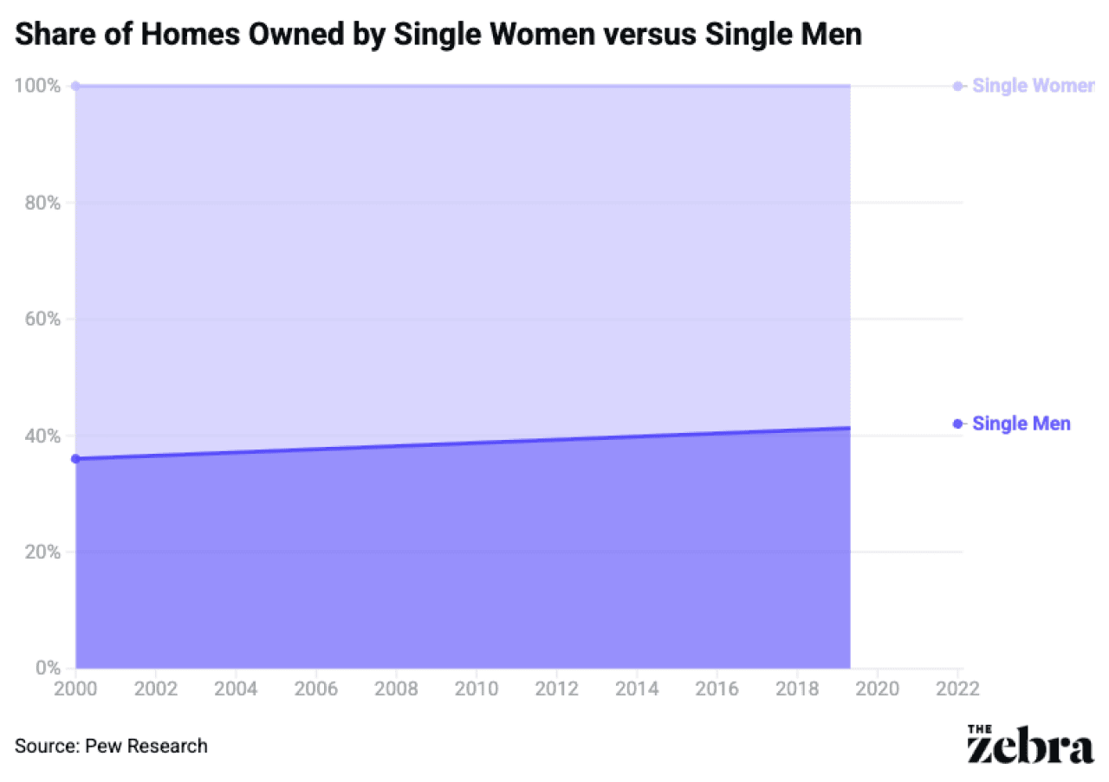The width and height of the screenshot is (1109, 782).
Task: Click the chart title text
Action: pyautogui.click(x=438, y=35)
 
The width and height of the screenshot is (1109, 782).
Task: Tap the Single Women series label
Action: pyautogui.click(x=1033, y=86)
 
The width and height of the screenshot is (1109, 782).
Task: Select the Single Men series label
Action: pyautogui.click(x=1021, y=423)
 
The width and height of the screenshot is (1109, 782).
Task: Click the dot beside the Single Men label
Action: pyautogui.click(x=957, y=423)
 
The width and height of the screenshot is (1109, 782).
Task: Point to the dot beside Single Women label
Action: pyautogui.click(x=957, y=86)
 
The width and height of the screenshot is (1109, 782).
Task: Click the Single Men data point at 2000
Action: pyautogui.click(x=75, y=458)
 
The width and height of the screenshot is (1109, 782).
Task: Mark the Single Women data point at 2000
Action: pyautogui.click(x=75, y=86)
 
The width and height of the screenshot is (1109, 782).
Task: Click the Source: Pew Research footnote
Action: pyautogui.click(x=111, y=746)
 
